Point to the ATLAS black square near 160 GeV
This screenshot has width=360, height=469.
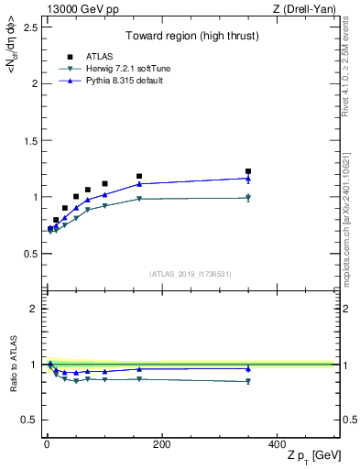139,176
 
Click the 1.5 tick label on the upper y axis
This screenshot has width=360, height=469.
27,140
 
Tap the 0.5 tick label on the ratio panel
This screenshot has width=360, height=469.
27,420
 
